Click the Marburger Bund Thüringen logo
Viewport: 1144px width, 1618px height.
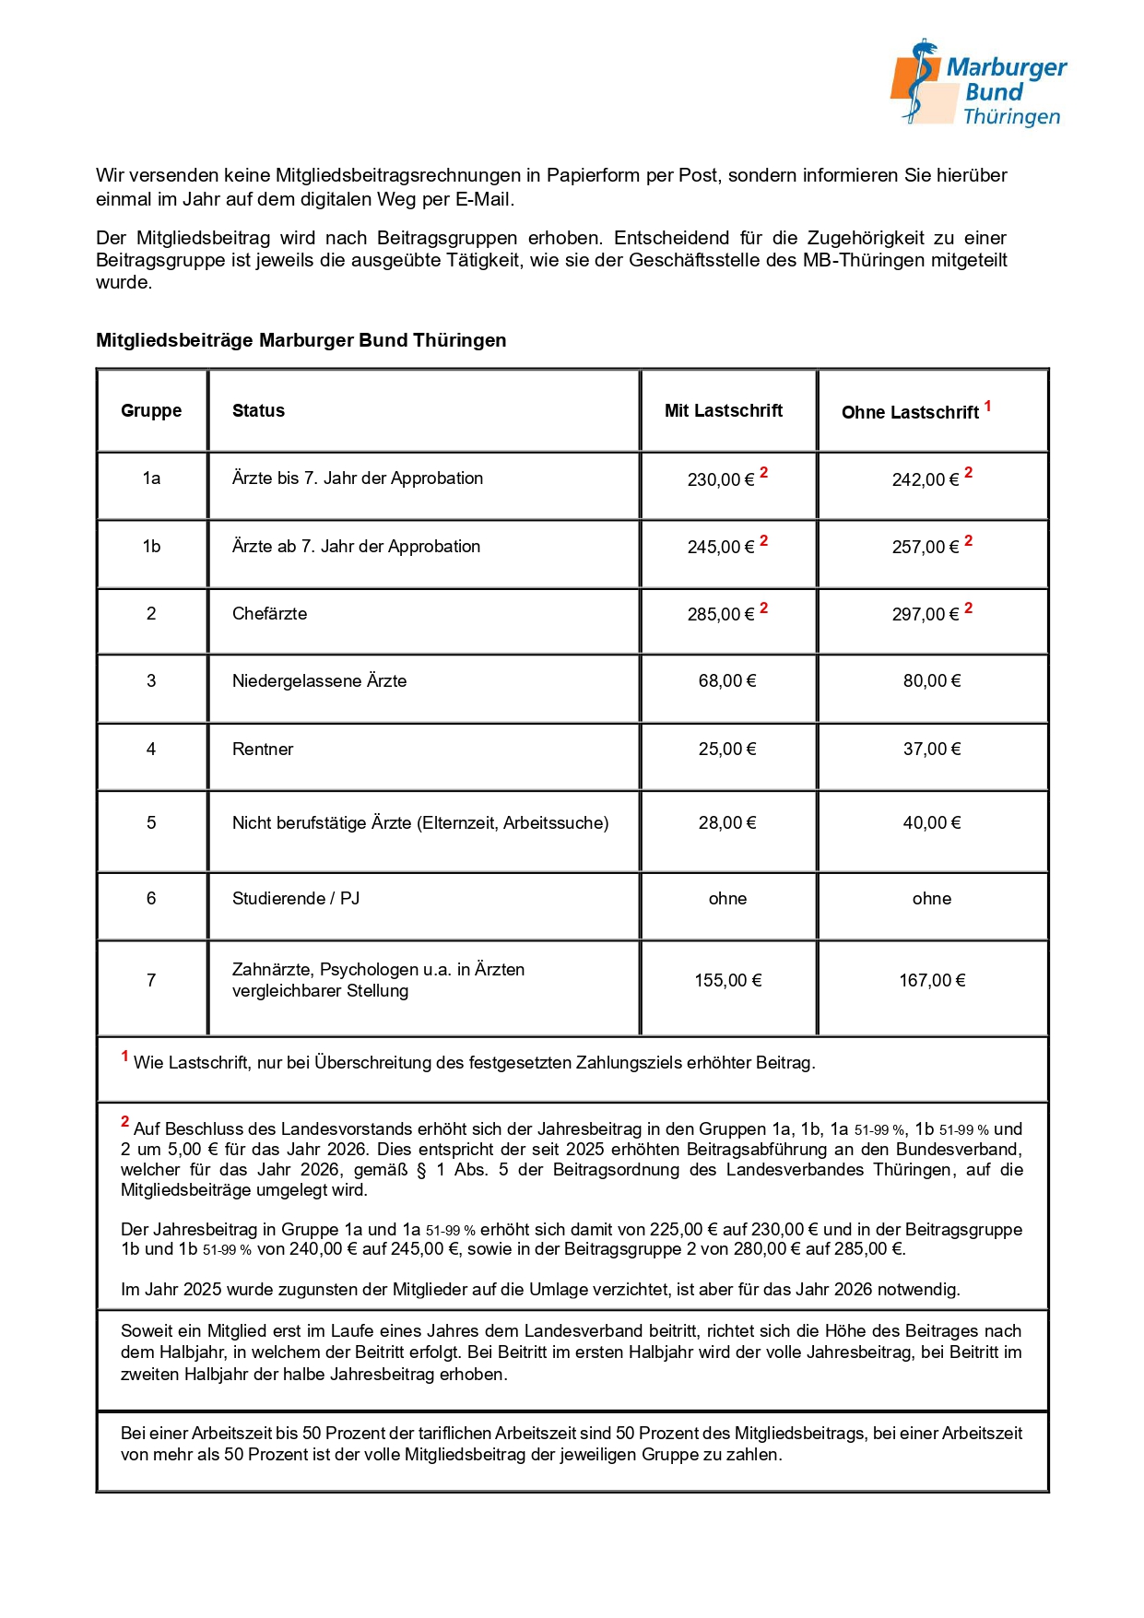point(978,84)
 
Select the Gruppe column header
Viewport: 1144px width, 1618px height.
point(151,411)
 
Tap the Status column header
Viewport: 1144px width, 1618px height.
point(258,411)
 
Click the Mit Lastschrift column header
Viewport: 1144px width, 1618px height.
point(724,411)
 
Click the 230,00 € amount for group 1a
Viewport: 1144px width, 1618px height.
point(721,479)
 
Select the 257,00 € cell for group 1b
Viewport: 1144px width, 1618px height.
point(926,547)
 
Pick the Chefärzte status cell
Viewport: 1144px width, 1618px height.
point(269,614)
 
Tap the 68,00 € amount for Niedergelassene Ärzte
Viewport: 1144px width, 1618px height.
point(727,681)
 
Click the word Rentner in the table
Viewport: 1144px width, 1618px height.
point(263,750)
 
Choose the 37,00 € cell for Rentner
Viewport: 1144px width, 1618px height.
point(932,750)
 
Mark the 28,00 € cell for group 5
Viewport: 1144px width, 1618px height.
point(727,823)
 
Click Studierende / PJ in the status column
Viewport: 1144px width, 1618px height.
point(296,899)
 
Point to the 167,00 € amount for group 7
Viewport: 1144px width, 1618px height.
point(932,981)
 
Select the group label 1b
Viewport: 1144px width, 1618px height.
point(151,547)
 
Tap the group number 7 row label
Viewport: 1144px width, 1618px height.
point(151,981)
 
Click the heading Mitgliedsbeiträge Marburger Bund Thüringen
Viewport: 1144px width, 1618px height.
point(301,340)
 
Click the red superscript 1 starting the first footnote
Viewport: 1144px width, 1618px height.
point(124,1057)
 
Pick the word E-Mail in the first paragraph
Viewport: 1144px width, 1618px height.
point(484,199)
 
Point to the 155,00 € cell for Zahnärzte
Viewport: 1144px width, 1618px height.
point(728,981)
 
